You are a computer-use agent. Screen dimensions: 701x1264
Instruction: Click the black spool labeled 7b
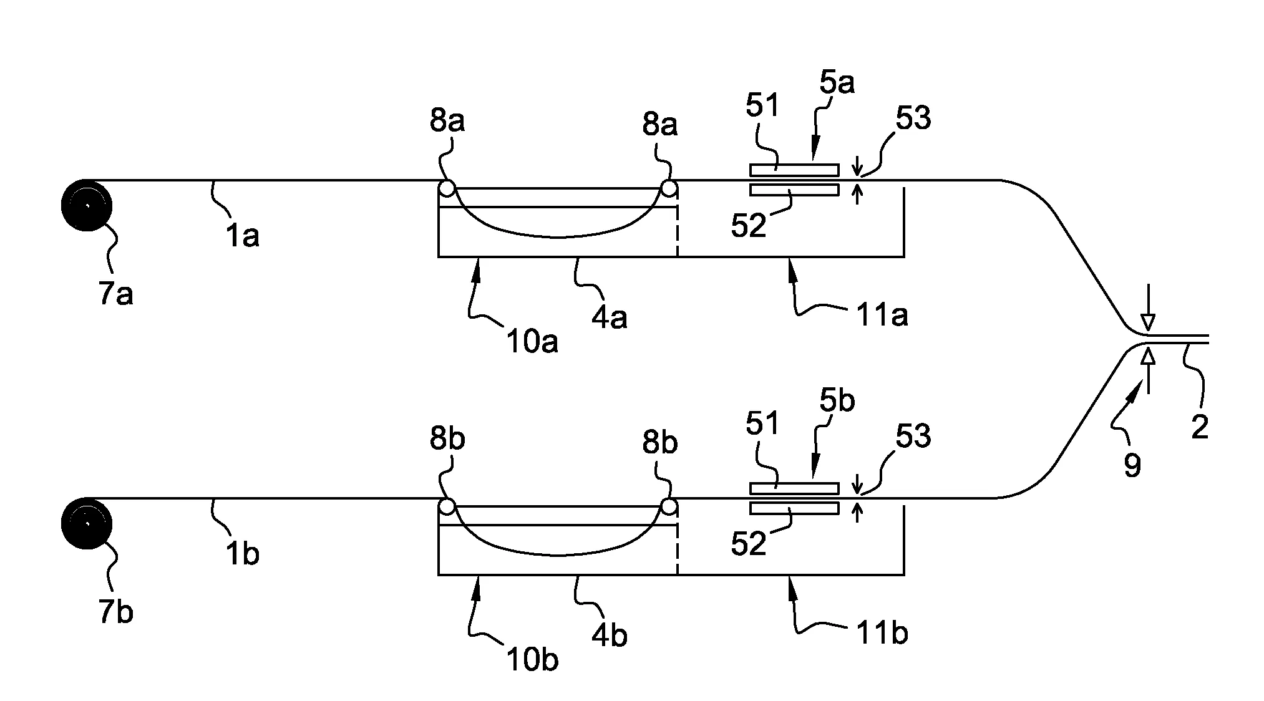[87, 523]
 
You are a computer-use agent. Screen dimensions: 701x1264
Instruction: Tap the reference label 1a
[242, 236]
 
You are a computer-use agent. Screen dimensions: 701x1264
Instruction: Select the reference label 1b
[242, 554]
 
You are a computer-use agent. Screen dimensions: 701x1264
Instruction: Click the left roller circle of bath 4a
[447, 188]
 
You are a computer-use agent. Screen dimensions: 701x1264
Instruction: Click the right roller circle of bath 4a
[669, 188]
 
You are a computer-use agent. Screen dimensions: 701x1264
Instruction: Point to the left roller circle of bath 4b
[447, 506]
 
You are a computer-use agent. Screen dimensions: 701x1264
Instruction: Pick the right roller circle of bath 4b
[669, 506]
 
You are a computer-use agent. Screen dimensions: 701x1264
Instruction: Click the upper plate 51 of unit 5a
[794, 170]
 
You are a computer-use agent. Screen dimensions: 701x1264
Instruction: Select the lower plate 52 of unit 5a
[794, 190]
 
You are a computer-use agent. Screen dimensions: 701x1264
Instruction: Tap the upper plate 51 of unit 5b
[794, 488]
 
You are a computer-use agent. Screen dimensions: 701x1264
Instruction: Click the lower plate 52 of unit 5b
[794, 508]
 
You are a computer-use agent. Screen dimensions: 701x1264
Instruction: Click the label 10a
[532, 341]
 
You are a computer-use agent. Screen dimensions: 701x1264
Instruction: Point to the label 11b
[880, 634]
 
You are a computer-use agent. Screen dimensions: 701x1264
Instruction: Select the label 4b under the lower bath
[609, 635]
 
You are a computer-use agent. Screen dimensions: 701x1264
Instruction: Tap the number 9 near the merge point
[1132, 465]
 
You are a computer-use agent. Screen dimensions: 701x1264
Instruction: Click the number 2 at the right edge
[1200, 428]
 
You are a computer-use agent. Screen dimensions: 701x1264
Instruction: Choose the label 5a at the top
[837, 82]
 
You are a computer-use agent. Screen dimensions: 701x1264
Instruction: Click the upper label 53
[913, 118]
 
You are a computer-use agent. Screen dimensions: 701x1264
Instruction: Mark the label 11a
[880, 316]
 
